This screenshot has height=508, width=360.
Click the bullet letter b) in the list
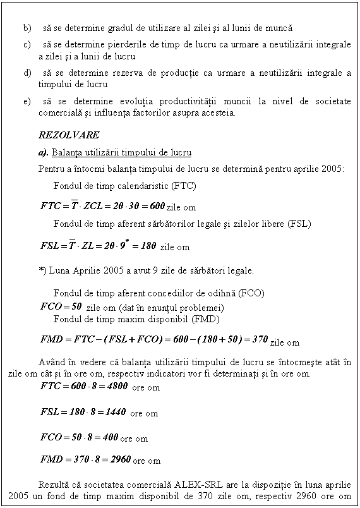tap(26, 28)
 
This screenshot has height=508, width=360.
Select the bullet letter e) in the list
tap(26, 102)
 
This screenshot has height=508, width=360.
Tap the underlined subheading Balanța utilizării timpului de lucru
tap(122, 153)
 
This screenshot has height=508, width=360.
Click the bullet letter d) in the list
tap(26, 73)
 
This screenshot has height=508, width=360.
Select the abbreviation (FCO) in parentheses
tap(251, 294)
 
